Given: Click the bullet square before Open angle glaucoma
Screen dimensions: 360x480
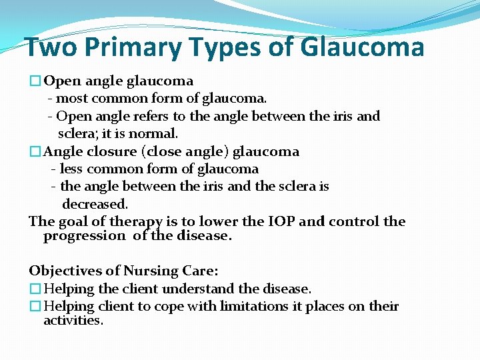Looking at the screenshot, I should click(35, 81).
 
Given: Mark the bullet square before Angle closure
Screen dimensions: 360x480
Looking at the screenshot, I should click(35, 152).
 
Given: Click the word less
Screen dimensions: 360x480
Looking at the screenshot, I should click(71, 169).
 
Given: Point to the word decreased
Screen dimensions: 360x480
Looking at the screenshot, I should click(95, 203).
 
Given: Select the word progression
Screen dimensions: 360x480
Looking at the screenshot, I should click(84, 235).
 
